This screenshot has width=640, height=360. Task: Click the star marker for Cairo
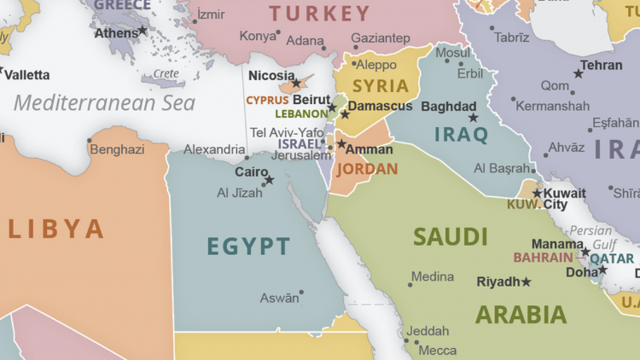tap(269, 180)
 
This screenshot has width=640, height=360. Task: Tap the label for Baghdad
tap(448, 107)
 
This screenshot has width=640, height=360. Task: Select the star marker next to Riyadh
tap(526, 282)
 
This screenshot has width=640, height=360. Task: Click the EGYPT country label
tap(248, 247)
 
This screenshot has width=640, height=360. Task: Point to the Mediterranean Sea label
tap(104, 103)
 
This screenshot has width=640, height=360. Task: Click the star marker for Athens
tap(143, 32)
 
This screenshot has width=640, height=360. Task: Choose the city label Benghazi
tap(117, 149)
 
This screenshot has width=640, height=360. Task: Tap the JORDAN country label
tap(367, 169)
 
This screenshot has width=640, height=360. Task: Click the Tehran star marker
tap(579, 74)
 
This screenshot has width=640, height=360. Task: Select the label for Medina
tap(433, 277)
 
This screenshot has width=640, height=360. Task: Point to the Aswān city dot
tap(301, 293)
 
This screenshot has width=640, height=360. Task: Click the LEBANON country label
tap(301, 113)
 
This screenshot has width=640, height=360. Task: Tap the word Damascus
tap(381, 107)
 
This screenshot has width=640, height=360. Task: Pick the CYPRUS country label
tap(267, 100)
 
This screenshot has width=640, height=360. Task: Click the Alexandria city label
tap(214, 149)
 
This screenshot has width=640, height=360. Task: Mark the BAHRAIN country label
tap(543, 258)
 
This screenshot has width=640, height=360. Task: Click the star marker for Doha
tap(602, 270)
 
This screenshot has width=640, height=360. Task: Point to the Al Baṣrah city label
tap(503, 168)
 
